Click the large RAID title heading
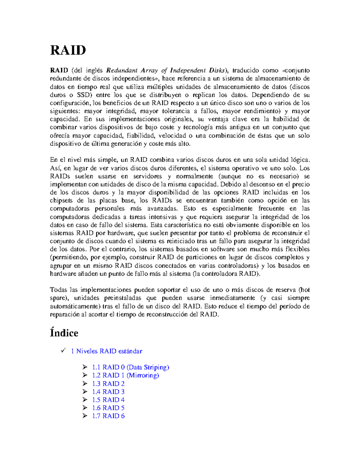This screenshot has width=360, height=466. pos(68,50)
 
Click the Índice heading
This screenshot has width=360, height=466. pos(64,333)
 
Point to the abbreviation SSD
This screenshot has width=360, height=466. pos(83,95)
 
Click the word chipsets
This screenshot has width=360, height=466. pos(61,200)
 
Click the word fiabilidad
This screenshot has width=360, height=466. pos(141,136)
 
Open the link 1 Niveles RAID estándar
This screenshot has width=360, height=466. pos(106,351)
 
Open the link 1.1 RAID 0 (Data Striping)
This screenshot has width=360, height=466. pos(130,367)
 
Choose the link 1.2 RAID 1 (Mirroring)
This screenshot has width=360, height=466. pos(125,375)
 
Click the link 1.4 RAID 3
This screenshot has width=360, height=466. pos(108,392)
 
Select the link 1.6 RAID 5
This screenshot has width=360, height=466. pos(108,408)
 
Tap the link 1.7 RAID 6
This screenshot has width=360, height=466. pos(108,416)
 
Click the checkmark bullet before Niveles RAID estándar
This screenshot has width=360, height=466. pos(63,350)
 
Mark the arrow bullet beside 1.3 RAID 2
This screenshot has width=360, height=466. pos(85,383)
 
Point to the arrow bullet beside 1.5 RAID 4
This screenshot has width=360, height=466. pos(85,399)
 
